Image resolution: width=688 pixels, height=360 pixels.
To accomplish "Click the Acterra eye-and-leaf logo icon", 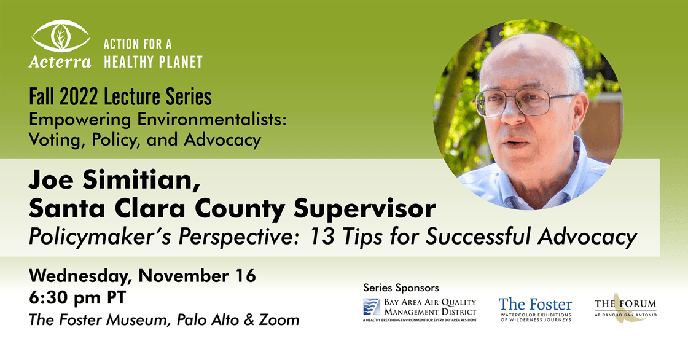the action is pyautogui.click(x=61, y=36).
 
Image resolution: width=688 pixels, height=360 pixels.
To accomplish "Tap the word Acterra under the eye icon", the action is pyautogui.click(x=60, y=62).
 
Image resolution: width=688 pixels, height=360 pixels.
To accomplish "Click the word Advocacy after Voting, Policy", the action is pyautogui.click(x=222, y=140).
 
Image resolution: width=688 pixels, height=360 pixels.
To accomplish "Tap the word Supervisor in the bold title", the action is pyautogui.click(x=365, y=208).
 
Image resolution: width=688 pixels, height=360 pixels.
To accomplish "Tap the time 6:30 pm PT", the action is pyautogui.click(x=77, y=298).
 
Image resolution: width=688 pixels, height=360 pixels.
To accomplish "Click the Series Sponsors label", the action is pyautogui.click(x=401, y=288).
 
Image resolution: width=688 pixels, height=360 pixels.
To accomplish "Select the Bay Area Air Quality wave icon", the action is pyautogui.click(x=372, y=307).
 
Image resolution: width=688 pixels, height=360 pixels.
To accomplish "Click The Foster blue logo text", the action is pyautogui.click(x=535, y=304).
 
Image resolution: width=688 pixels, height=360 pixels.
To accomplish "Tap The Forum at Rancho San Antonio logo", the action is pyautogui.click(x=625, y=307).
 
